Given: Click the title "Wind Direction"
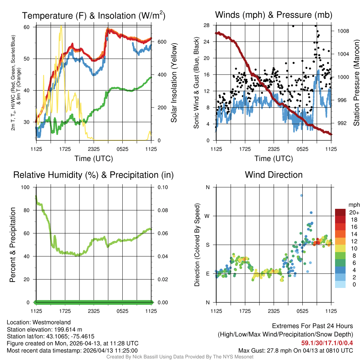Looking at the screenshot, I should pyautogui.click(x=274, y=175).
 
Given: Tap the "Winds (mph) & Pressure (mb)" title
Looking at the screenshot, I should pyautogui.click(x=274, y=15).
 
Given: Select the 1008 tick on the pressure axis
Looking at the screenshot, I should pyautogui.click(x=343, y=31).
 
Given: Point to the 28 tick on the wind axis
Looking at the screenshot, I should pyautogui.click(x=207, y=25).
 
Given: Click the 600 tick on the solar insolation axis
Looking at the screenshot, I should pyautogui.click(x=162, y=41).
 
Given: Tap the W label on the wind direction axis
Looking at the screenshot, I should pyautogui.click(x=208, y=216).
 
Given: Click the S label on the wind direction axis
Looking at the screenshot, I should pyautogui.click(x=208, y=245).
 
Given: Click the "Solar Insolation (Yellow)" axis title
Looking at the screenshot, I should pyautogui.click(x=174, y=83).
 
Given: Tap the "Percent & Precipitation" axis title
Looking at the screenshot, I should pyautogui.click(x=12, y=245).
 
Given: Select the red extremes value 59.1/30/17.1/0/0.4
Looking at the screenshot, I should pyautogui.click(x=327, y=343).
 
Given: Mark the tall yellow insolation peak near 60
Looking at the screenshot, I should pyautogui.click(x=61, y=27).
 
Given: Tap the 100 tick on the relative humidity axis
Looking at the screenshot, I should pyautogui.click(x=27, y=187).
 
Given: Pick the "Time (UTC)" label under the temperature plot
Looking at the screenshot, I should pyautogui.click(x=94, y=159).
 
